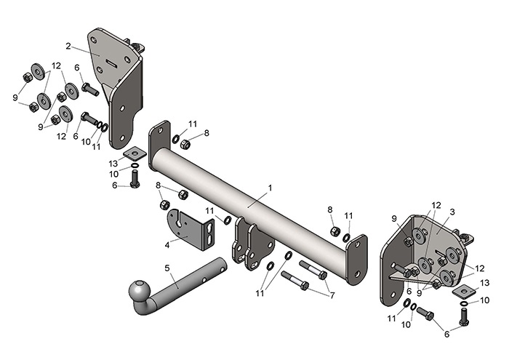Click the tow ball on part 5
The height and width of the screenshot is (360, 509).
coord(139,290)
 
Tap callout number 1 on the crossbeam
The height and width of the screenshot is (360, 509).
coord(270,188)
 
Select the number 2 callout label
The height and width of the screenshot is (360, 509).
coord(68,46)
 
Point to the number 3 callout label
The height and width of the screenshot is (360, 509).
coord(452,212)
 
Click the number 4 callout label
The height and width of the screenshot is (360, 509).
coord(167,245)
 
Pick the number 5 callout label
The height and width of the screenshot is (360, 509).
coord(167,268)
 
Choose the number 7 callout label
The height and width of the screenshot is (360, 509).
coord(332,295)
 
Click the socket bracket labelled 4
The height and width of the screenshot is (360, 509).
coord(191,230)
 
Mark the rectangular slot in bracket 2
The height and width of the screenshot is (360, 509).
coord(113,63)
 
